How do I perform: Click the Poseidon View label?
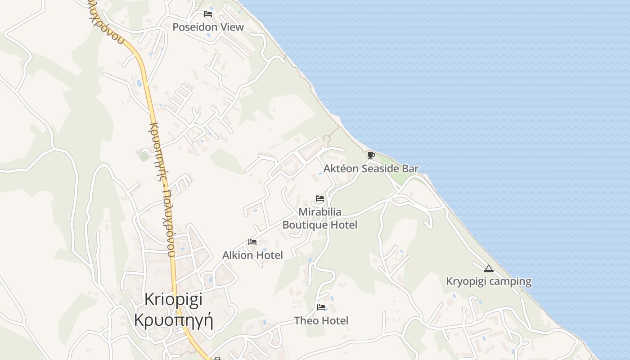(x=208, y=27)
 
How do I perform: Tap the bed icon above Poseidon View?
(x=208, y=14)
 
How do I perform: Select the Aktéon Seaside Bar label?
(x=371, y=169)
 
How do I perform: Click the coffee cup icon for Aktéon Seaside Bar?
(x=371, y=156)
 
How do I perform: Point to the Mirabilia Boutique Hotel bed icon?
(x=320, y=198)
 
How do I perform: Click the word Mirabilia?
(x=320, y=211)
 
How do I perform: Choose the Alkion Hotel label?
(x=252, y=255)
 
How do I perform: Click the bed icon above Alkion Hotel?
(x=252, y=242)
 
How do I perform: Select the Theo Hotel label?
(x=321, y=320)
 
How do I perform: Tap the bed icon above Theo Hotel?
(x=321, y=307)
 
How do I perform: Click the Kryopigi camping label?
(x=488, y=282)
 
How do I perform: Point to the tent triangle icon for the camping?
(x=489, y=269)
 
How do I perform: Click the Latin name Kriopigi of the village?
(x=174, y=299)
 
